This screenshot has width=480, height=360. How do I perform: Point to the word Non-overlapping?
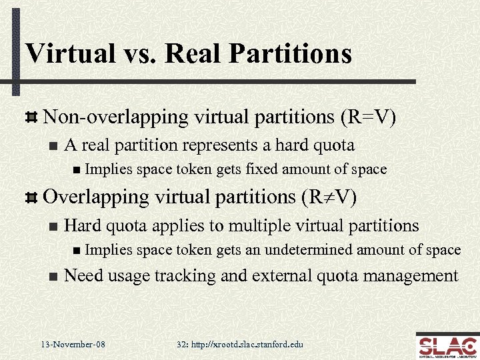115,117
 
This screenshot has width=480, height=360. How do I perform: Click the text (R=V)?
368,117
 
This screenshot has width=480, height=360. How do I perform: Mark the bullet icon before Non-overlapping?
30,117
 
